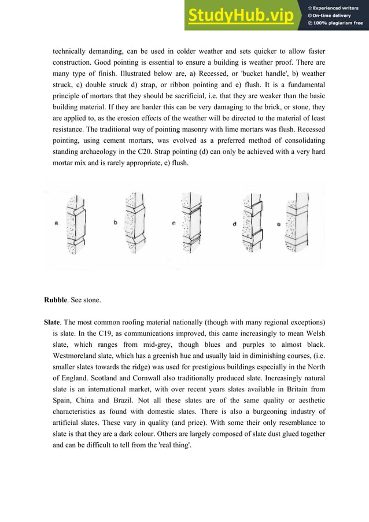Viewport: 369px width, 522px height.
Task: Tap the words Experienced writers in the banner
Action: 337,7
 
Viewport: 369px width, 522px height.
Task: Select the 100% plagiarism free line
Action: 337,23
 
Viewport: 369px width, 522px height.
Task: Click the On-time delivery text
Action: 334,15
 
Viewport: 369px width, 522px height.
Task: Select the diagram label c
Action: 174,223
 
